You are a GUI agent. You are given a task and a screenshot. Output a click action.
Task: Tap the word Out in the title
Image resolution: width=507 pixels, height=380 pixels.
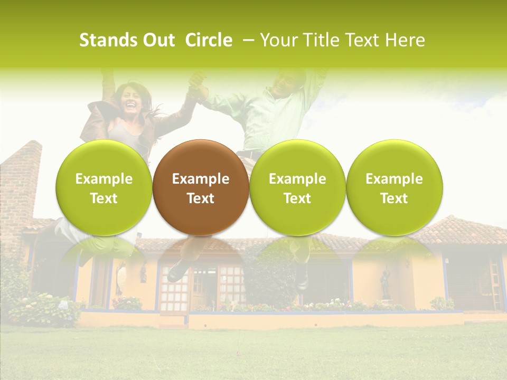158,40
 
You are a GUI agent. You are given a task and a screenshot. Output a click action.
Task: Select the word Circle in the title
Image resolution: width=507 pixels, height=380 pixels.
209,40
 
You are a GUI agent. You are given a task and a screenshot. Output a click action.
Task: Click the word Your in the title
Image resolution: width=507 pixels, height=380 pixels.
277,40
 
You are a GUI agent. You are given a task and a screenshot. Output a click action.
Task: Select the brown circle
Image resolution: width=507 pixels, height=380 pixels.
201,187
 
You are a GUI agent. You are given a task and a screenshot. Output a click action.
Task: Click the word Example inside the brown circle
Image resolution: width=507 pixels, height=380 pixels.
201,179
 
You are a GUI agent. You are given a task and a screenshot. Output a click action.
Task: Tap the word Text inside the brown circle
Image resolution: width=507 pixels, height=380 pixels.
201,198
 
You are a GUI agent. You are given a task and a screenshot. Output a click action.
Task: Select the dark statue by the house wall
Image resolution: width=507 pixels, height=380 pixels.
386,282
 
